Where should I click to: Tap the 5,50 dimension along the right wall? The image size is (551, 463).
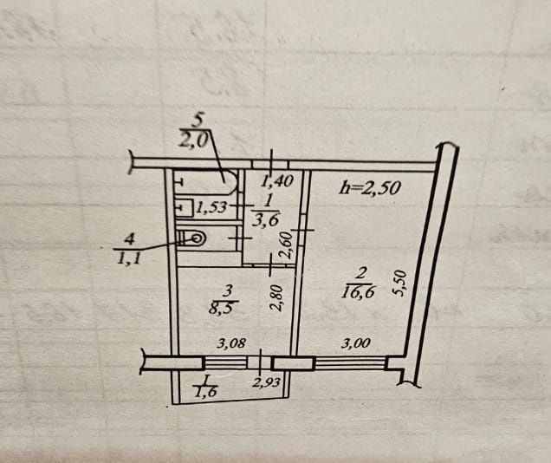pyautogui.click(x=399, y=284)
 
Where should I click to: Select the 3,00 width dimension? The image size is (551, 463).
pyautogui.click(x=355, y=343)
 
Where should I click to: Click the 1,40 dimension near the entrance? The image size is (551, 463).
pyautogui.click(x=278, y=182)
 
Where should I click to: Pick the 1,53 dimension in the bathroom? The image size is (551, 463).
pyautogui.click(x=211, y=208)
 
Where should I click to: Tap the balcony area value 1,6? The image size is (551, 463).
pyautogui.click(x=205, y=391)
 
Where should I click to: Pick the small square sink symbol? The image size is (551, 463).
pyautogui.click(x=183, y=208)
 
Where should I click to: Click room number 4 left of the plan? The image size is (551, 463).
pyautogui.click(x=130, y=238)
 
